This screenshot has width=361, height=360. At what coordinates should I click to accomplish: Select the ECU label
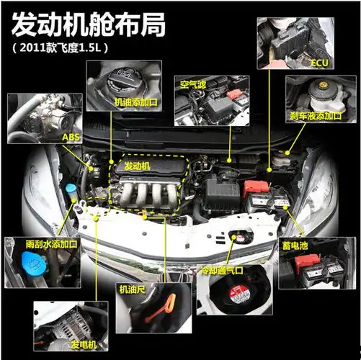click(318, 63)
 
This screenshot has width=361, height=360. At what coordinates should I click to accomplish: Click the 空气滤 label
click(193, 84)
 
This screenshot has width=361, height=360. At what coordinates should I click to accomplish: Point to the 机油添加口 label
click(136, 103)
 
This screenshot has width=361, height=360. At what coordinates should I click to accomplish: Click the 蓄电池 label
click(295, 246)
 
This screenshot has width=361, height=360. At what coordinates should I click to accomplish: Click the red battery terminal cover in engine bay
click(254, 186)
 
